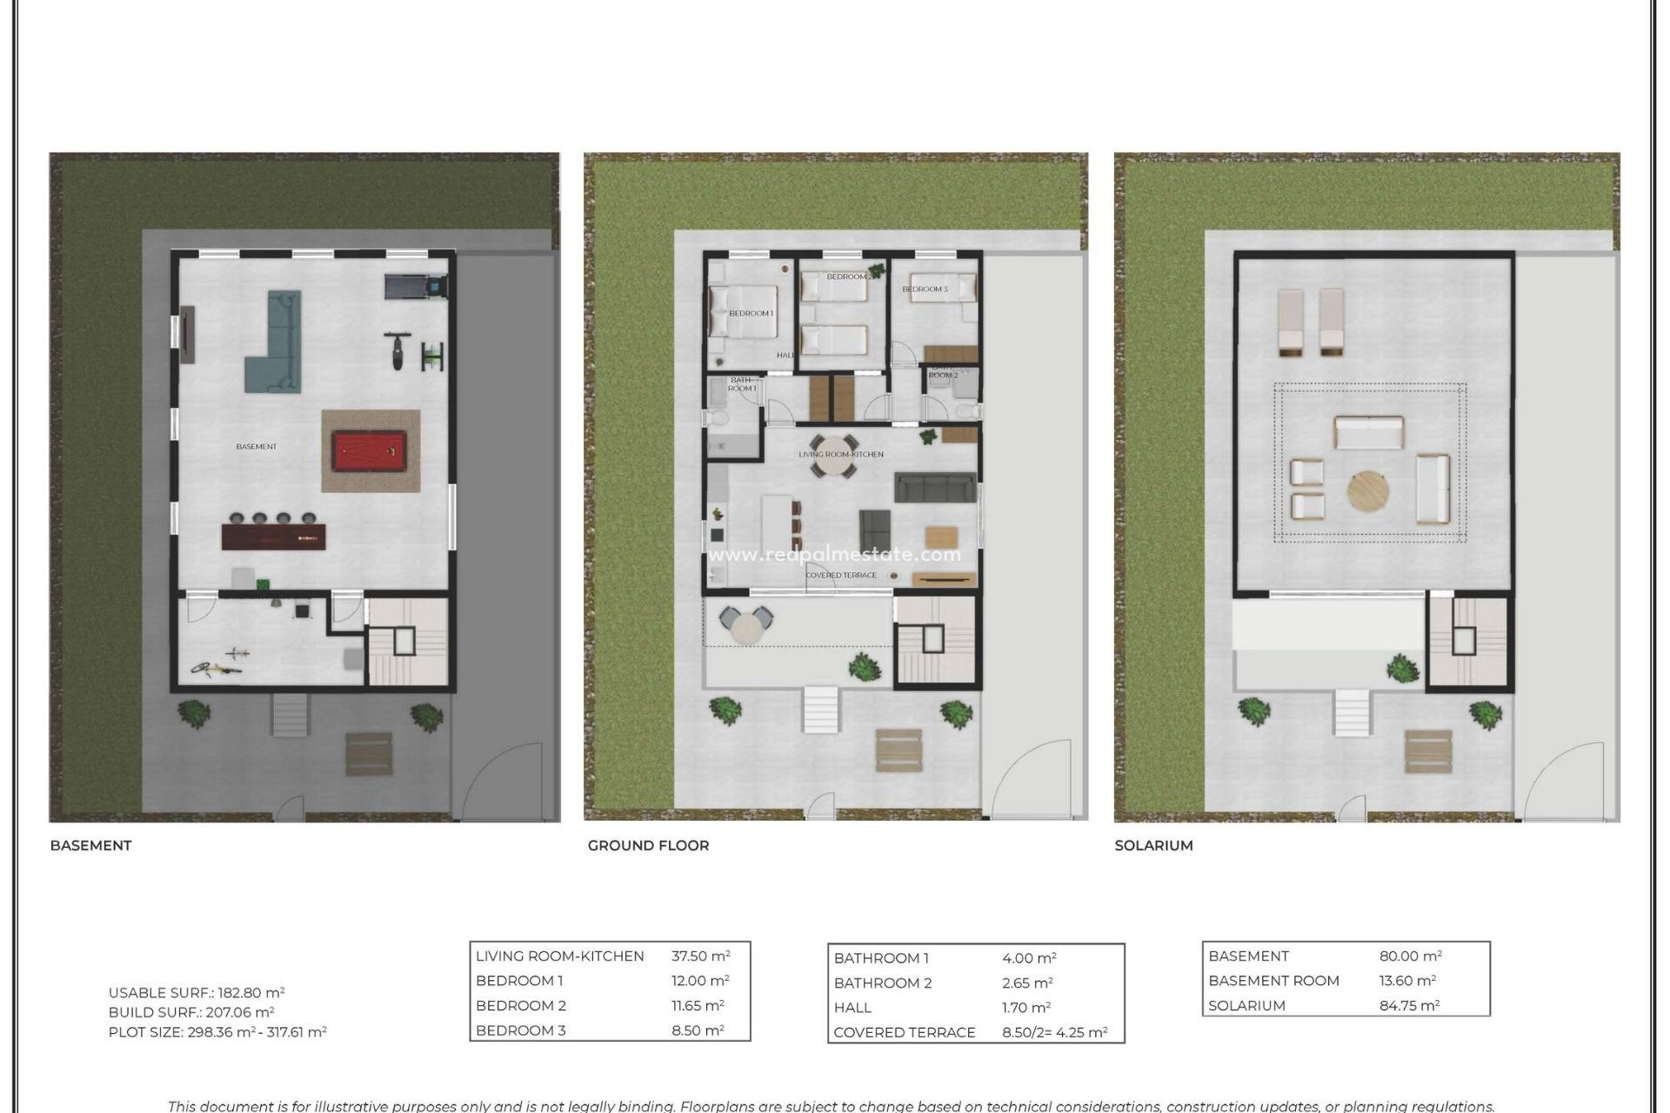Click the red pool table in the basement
370,451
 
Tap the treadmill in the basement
415,285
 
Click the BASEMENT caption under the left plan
90,845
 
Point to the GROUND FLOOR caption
648,845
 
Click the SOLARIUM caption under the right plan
1153,845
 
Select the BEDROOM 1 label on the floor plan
751,313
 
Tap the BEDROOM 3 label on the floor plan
925,289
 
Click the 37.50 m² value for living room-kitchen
700,956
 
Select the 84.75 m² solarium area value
1409,1005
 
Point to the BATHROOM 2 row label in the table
882,983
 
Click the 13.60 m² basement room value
1406,980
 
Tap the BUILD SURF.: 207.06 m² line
191,1012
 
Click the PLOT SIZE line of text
217,1032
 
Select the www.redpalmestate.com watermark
834,555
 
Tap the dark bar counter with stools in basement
273,537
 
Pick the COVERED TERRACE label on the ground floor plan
840,575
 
